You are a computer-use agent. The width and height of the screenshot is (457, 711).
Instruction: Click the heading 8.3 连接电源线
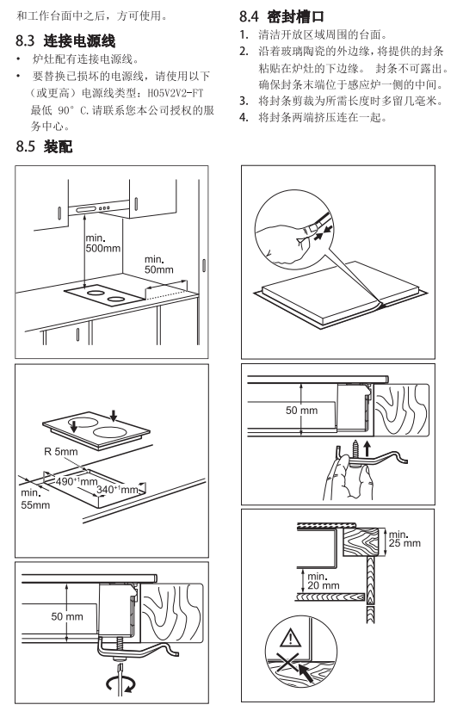click(x=65, y=40)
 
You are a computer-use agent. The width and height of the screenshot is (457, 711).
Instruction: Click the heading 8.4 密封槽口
click(x=281, y=16)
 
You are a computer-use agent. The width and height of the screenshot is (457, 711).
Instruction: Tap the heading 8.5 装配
click(x=44, y=146)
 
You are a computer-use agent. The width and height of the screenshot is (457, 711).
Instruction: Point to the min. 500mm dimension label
click(x=103, y=243)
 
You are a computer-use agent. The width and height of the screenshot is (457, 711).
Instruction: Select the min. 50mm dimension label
click(x=158, y=264)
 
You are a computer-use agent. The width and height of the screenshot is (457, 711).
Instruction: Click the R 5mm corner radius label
click(x=61, y=452)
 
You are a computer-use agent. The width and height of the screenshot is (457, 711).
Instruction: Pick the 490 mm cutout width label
click(x=77, y=480)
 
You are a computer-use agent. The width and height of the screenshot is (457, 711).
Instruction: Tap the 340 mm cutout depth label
click(x=117, y=489)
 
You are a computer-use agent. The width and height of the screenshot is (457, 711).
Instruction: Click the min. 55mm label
click(x=35, y=498)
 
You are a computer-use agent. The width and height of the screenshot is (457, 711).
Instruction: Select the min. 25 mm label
click(x=405, y=539)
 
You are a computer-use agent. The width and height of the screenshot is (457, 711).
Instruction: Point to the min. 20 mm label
click(x=324, y=581)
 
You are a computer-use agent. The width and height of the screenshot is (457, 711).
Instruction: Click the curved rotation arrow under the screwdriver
click(x=120, y=683)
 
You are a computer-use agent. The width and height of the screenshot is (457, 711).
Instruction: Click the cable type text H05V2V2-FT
click(x=176, y=94)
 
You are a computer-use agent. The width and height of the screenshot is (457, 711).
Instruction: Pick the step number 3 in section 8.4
click(x=244, y=101)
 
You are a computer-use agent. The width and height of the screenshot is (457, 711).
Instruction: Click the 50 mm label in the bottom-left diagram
click(x=67, y=616)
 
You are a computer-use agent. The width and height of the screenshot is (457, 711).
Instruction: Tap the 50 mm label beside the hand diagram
click(x=301, y=411)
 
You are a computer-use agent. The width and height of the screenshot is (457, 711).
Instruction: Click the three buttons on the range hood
click(x=105, y=208)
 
